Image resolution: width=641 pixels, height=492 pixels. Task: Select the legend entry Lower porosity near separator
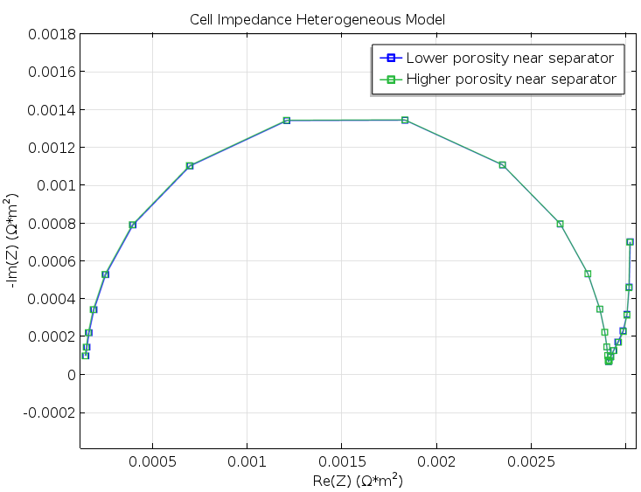(510, 59)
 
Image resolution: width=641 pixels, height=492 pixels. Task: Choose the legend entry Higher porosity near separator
(512, 80)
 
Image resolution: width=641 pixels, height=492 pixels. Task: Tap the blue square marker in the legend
(391, 59)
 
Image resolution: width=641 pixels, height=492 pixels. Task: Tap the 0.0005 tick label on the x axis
(153, 460)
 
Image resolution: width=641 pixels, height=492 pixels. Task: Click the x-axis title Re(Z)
(357, 481)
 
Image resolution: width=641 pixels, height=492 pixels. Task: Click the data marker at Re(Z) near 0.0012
(286, 121)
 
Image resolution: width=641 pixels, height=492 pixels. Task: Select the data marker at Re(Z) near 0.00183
(405, 120)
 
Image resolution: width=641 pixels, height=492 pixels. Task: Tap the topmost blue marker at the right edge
(630, 242)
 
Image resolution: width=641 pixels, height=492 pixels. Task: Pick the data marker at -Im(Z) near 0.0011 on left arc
(190, 166)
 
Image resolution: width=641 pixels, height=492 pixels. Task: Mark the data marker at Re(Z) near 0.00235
(502, 164)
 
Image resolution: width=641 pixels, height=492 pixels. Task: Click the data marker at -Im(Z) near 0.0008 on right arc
(560, 224)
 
